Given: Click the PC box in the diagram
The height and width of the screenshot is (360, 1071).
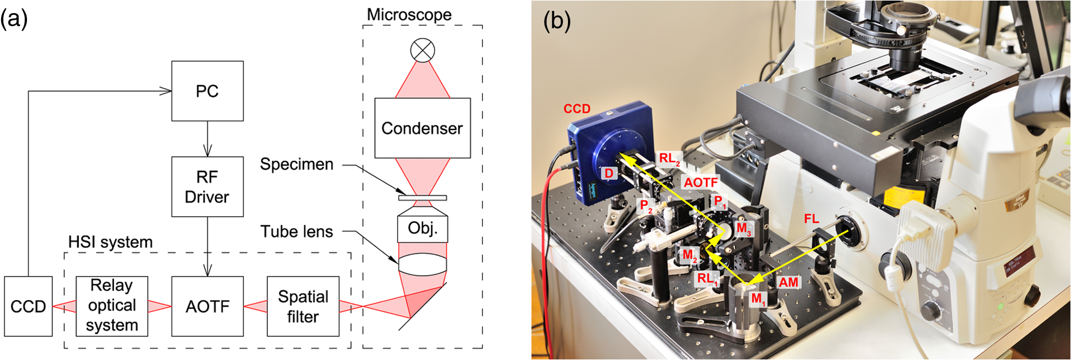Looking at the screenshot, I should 207,91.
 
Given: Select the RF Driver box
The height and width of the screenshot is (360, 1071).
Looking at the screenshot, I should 207,186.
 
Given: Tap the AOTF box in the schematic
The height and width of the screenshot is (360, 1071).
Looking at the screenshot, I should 207,307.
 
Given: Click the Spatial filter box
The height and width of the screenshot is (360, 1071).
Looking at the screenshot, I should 303,307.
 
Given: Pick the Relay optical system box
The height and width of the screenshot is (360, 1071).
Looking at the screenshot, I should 112,306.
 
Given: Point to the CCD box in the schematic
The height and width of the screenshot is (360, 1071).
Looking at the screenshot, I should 28,307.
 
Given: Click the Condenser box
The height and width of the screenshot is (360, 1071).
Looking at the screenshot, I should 422,128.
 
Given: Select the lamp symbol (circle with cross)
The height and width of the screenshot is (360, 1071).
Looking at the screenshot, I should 423,51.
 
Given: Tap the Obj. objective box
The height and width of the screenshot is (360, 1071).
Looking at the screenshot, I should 423,228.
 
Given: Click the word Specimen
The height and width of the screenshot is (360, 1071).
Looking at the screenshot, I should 297,164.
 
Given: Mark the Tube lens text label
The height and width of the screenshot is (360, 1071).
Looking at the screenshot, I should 297,232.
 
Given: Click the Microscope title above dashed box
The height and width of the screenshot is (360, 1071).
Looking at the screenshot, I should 409,14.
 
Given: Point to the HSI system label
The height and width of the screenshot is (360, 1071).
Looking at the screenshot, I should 110,242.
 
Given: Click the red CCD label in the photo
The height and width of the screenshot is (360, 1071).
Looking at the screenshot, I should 577,109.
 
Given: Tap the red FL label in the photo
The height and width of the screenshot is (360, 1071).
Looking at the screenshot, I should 811,219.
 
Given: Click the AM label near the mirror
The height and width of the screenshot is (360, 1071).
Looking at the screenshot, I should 788,282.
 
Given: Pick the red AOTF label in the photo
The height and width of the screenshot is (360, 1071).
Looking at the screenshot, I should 701,182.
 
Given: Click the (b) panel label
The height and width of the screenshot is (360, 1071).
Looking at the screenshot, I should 557,21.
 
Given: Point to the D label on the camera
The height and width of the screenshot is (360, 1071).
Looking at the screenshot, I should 609,173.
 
